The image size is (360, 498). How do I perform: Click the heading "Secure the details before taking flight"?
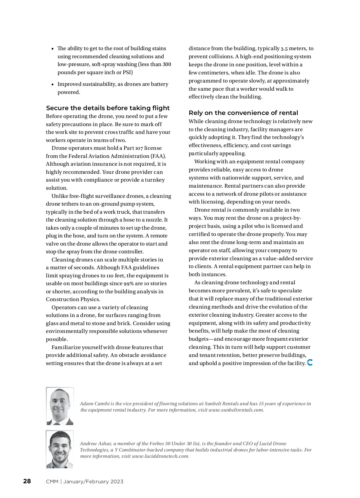(x=108, y=108)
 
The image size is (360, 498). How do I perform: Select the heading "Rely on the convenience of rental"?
(x=243, y=113)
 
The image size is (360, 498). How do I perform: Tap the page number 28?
(x=27, y=481)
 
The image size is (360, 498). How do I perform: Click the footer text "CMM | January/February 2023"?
(x=85, y=481)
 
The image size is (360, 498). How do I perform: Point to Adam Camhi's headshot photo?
(x=60, y=406)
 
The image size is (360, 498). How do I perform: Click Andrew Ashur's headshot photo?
(x=60, y=449)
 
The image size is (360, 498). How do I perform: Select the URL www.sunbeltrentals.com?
(x=236, y=410)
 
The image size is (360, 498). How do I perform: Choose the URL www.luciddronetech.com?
(x=160, y=456)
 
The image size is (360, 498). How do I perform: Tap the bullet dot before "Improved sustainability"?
(x=52, y=84)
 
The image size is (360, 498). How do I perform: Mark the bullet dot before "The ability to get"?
(x=52, y=49)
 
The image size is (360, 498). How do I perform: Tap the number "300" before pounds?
(x=166, y=65)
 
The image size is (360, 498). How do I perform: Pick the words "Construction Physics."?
(x=73, y=299)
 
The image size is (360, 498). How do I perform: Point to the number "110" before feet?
(x=111, y=276)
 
